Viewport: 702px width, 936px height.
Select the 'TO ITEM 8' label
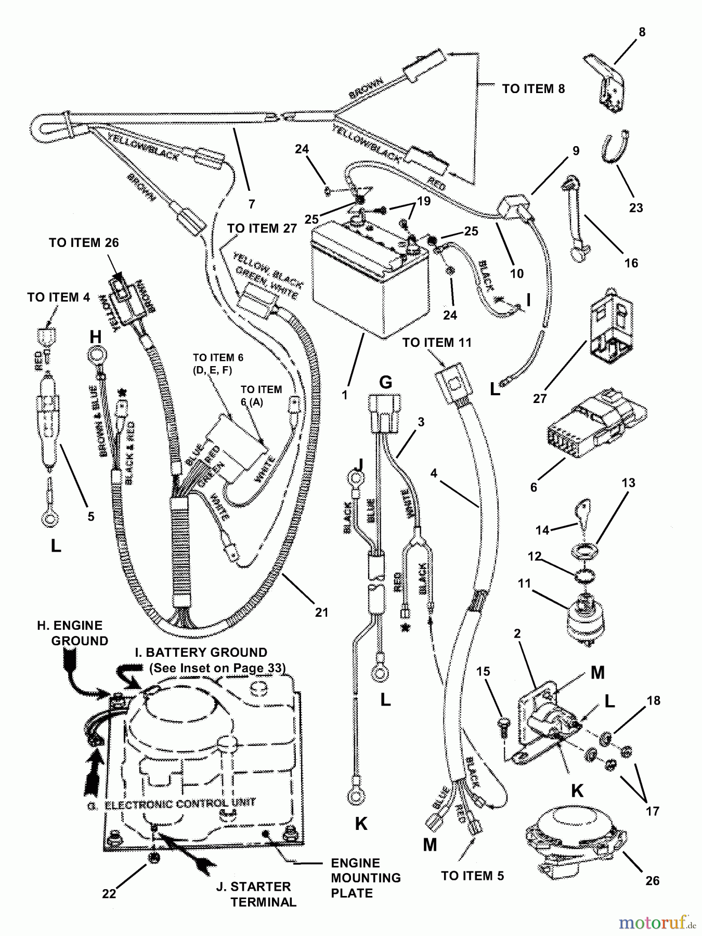pyautogui.click(x=533, y=89)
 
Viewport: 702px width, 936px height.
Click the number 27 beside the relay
pyautogui.click(x=540, y=398)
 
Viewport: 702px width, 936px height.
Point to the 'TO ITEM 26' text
pyautogui.click(x=84, y=243)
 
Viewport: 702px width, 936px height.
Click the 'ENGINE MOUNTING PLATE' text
pyautogui.click(x=366, y=878)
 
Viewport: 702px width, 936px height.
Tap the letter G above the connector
pyautogui.click(x=385, y=382)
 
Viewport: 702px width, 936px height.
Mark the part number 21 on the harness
pyautogui.click(x=322, y=613)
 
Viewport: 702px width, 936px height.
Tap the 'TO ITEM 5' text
pyautogui.click(x=472, y=876)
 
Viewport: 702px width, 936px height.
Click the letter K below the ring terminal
pyautogui.click(x=361, y=824)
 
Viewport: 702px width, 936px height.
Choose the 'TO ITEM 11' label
pyautogui.click(x=437, y=343)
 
